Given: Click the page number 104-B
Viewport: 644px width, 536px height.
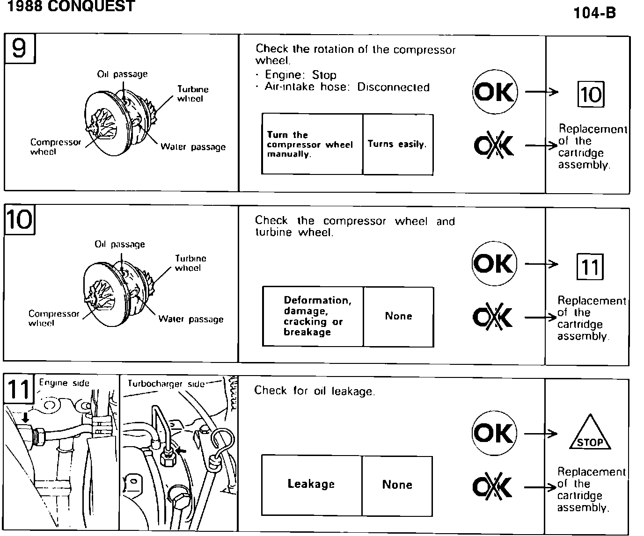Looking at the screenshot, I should coord(594,13).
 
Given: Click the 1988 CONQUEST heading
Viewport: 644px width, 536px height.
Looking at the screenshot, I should coord(68,6).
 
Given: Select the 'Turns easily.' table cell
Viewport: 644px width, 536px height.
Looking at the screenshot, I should coord(397,145).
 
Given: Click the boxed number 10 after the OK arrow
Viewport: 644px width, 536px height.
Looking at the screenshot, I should coord(591,94).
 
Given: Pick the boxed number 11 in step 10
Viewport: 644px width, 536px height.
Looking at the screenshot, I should coord(590,267).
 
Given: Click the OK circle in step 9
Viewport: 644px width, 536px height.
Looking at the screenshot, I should coord(495,92).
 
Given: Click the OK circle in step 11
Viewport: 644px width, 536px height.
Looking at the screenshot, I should coord(494,433).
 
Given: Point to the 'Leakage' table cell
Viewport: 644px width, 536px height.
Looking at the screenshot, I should coord(311,485).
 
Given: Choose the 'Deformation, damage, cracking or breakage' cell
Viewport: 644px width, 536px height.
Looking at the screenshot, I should coord(313,316).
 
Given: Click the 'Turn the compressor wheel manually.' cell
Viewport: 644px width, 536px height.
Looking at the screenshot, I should coord(310,145).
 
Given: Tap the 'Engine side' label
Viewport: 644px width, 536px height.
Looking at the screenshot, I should coord(64,383).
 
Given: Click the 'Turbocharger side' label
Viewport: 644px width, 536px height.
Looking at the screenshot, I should coord(166,384).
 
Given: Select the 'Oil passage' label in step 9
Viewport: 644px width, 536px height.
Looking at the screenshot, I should coord(122,74).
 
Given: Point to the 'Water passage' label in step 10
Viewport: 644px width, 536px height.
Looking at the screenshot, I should coord(191,319).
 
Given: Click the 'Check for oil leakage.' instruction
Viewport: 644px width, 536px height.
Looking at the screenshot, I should coord(315,391).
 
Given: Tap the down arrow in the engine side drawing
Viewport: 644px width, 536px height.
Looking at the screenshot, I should coord(25,416).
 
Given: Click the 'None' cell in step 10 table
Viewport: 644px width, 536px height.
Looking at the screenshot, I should coord(398,316).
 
